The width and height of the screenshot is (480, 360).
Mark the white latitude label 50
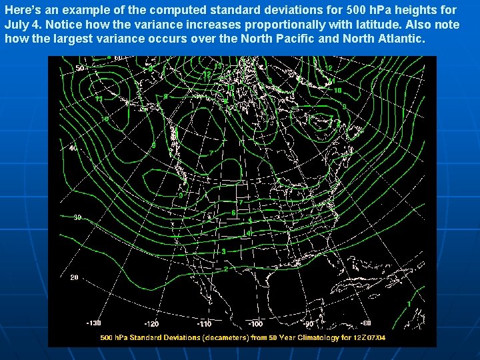tap(79, 68)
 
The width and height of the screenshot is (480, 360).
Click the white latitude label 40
tap(73, 147)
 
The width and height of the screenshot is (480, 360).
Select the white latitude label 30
tap(77, 217)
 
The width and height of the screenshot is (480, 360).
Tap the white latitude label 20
tap(74, 277)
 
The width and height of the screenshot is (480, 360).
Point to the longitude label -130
tap(94, 323)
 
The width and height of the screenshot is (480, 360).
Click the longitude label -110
tap(205, 323)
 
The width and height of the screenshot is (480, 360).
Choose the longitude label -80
tap(365, 323)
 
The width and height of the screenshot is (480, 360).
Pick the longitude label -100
tap(255, 323)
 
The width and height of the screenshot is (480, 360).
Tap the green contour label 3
tap(224, 251)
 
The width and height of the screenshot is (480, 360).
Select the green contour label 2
tap(226, 269)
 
